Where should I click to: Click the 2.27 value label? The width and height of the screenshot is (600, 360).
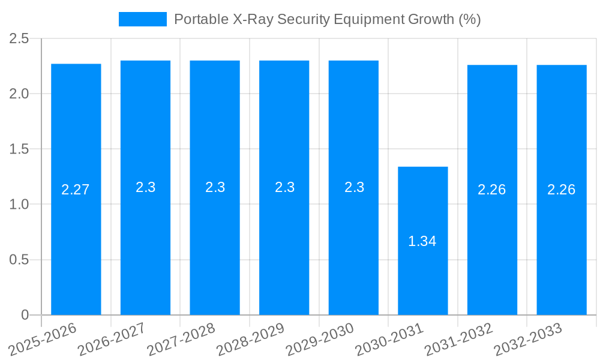pyautogui.click(x=76, y=190)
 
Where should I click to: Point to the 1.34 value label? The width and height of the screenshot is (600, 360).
pyautogui.click(x=422, y=241)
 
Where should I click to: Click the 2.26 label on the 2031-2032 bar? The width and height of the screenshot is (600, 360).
pyautogui.click(x=492, y=190)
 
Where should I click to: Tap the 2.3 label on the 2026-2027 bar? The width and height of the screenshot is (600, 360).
pyautogui.click(x=145, y=187)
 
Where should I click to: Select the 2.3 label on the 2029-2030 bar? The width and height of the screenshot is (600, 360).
pyautogui.click(x=353, y=187)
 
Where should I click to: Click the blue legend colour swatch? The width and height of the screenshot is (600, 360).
pyautogui.click(x=143, y=19)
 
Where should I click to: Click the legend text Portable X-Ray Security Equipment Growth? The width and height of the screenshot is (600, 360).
pyautogui.click(x=327, y=19)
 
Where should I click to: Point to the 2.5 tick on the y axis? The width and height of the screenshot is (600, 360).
pyautogui.click(x=19, y=38)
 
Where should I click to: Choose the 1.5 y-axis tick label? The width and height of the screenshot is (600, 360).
pyautogui.click(x=19, y=149)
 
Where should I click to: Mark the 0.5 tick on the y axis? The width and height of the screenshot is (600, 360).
pyautogui.click(x=19, y=260)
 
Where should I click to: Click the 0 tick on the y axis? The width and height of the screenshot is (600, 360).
pyautogui.click(x=25, y=315)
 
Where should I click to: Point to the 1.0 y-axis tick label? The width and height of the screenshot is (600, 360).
pyautogui.click(x=19, y=204)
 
